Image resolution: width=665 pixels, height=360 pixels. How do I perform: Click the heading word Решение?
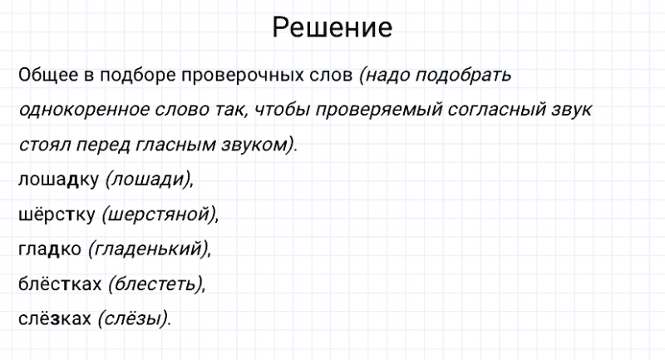(332, 29)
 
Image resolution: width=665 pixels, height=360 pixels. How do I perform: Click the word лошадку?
(57, 179)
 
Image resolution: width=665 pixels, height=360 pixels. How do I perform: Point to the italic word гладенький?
(149, 249)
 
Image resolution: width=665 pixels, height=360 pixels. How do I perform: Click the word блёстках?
(59, 284)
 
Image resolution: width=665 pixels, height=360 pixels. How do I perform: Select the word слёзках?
(54, 318)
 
